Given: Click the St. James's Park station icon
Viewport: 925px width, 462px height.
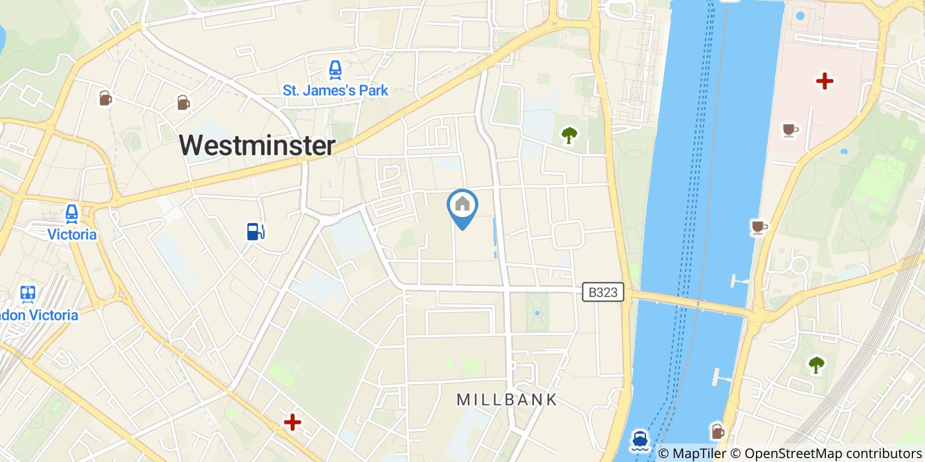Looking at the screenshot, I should click(x=336, y=69).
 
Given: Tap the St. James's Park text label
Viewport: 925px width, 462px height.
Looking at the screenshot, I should click(x=336, y=90).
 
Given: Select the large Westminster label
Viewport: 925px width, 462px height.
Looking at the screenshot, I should click(x=257, y=145).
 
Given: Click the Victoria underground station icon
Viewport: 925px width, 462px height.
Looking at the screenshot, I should click(x=72, y=214).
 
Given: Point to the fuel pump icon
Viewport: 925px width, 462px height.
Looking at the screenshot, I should click(x=256, y=231).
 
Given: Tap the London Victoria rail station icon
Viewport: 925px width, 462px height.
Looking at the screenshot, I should click(x=28, y=294).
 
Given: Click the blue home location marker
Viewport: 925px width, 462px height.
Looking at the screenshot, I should click(x=462, y=206).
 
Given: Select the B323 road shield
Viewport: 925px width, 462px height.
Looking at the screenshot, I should click(x=603, y=292).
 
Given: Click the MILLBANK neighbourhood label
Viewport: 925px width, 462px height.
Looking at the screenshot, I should click(x=507, y=399).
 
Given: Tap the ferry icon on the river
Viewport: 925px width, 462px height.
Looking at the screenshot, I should click(x=639, y=440).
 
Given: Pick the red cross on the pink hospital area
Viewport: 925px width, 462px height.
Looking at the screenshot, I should click(x=824, y=81).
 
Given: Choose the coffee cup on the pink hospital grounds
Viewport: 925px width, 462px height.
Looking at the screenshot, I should click(x=789, y=130).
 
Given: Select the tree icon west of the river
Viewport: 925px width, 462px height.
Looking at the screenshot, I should click(x=569, y=135).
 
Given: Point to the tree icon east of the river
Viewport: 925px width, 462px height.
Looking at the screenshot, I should click(x=817, y=364).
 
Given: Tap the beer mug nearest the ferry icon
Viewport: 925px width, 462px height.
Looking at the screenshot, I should click(x=718, y=431).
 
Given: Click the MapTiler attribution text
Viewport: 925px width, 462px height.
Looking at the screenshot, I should click(x=699, y=454).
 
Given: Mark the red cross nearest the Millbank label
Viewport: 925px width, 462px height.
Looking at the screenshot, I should click(x=292, y=422).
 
